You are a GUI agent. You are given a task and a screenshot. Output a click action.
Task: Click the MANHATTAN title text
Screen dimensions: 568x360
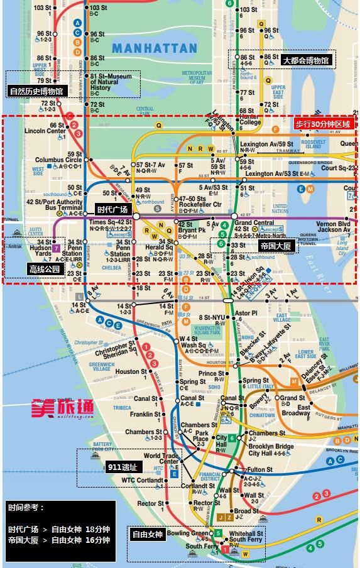click(x=155, y=48)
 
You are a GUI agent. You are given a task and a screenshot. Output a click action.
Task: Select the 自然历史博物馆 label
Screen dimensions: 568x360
click(x=36, y=91)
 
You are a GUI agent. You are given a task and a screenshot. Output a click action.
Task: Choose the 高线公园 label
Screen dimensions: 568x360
click(x=44, y=269)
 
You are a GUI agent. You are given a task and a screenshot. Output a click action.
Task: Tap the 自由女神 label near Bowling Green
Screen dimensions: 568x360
click(x=147, y=535)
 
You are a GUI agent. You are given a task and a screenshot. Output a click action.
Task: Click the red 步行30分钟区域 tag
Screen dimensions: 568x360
click(x=322, y=124)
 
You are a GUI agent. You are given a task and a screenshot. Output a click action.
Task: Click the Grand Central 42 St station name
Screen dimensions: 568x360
click(x=251, y=226)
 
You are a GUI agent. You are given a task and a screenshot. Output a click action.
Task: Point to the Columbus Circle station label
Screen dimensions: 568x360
click(x=58, y=160)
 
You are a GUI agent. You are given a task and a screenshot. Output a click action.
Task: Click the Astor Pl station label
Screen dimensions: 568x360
click(x=246, y=312)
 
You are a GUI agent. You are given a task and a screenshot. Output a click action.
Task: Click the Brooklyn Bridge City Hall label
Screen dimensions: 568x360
click(x=271, y=450)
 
